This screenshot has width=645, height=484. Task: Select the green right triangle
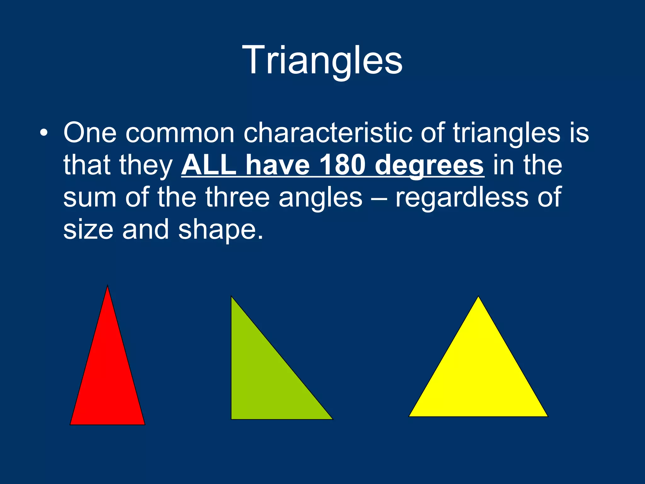[261, 378]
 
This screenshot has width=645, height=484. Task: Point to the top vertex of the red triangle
[107, 286]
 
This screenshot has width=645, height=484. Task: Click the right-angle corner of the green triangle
[232, 418]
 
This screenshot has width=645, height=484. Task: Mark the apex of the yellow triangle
[478, 297]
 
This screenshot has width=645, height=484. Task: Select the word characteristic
[328, 132]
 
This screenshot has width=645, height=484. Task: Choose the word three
[237, 197]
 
